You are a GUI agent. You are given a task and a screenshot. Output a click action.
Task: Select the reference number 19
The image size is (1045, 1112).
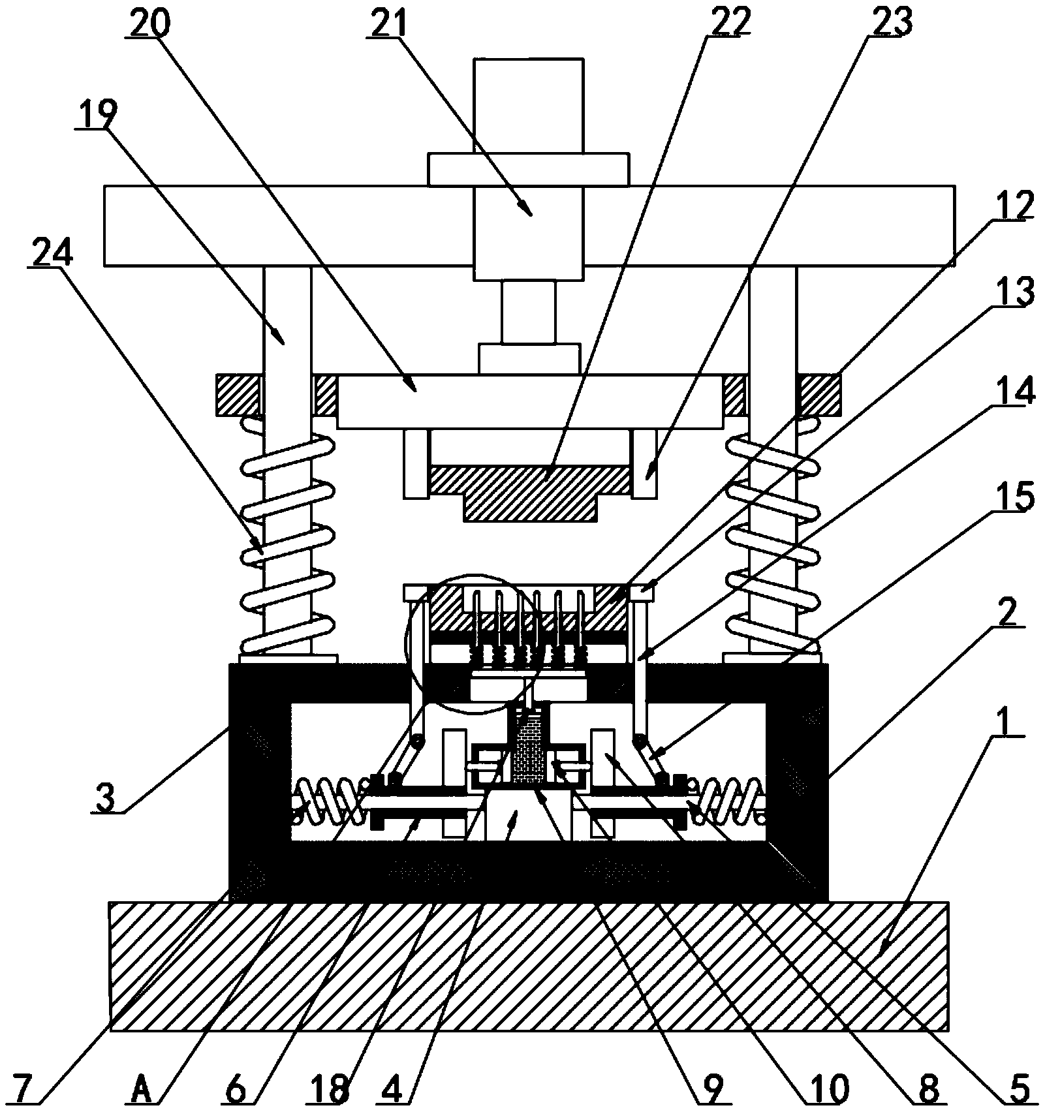coord(96,116)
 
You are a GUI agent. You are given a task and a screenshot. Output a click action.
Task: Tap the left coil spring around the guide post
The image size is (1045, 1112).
coord(287,542)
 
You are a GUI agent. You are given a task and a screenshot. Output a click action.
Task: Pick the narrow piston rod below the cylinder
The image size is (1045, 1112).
coord(528,311)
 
